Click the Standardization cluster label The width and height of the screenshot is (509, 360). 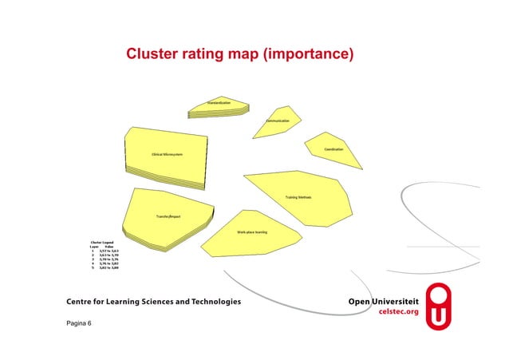pos(219,103)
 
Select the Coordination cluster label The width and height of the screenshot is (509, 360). pos(333,149)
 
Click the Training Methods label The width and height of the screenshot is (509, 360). pos(298,196)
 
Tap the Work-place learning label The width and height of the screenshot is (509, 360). pos(251,231)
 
